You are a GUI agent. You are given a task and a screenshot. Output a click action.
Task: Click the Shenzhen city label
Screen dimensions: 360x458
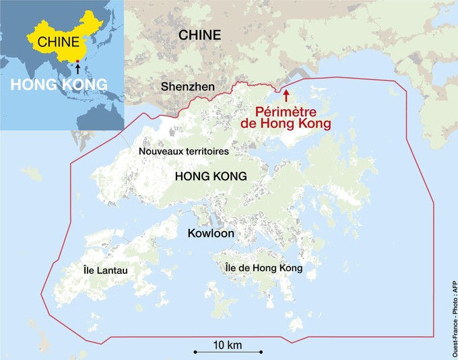coord(188,87)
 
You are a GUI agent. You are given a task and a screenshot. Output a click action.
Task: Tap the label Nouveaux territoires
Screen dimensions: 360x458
coord(184,151)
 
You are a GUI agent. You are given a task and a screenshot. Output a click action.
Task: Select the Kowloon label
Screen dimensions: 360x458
coord(211,233)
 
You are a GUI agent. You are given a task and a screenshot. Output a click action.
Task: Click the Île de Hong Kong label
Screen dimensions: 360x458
coord(263,268)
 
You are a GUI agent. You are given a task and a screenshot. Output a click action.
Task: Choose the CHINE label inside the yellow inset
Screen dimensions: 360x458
coord(58,42)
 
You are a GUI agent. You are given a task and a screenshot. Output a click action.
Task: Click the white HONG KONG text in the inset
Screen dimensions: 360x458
coord(58,84)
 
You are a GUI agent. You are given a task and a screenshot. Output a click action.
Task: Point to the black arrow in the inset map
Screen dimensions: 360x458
coord(77,69)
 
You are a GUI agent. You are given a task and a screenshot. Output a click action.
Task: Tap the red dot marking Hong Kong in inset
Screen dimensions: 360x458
coord(77,62)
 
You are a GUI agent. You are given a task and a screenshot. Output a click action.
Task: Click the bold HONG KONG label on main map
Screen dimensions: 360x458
coord(210,176)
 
